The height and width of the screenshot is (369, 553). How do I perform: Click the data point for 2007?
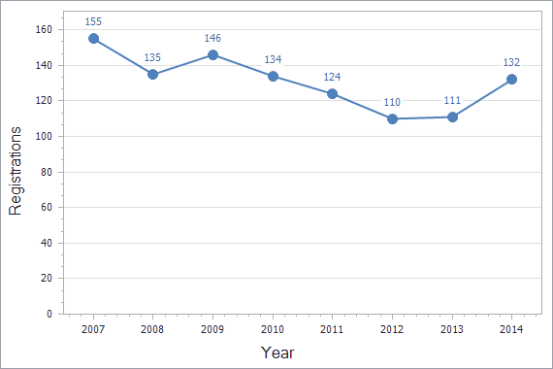(93, 38)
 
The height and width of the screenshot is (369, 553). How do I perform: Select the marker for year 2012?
(392, 118)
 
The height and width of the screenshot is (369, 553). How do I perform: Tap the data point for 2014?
(511, 79)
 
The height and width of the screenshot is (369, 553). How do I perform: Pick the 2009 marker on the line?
(212, 54)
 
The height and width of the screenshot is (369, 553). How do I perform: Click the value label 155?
(93, 21)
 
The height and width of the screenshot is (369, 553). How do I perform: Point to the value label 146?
(212, 38)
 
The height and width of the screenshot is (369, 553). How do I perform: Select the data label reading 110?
(392, 102)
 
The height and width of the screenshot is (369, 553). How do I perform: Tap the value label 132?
(511, 62)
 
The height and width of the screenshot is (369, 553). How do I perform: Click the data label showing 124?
(332, 77)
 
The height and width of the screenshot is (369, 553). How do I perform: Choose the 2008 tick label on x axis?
(152, 330)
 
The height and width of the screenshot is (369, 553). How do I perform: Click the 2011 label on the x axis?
(332, 330)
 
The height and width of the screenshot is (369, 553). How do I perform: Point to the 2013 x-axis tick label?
(451, 330)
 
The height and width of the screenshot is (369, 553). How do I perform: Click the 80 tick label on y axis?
(45, 172)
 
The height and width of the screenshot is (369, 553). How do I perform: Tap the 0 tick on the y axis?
(48, 314)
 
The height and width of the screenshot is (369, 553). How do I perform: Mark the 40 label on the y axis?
(45, 243)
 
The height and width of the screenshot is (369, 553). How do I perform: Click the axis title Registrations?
(16, 172)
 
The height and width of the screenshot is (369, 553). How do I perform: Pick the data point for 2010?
(273, 76)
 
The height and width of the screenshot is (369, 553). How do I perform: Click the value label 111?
(451, 100)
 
